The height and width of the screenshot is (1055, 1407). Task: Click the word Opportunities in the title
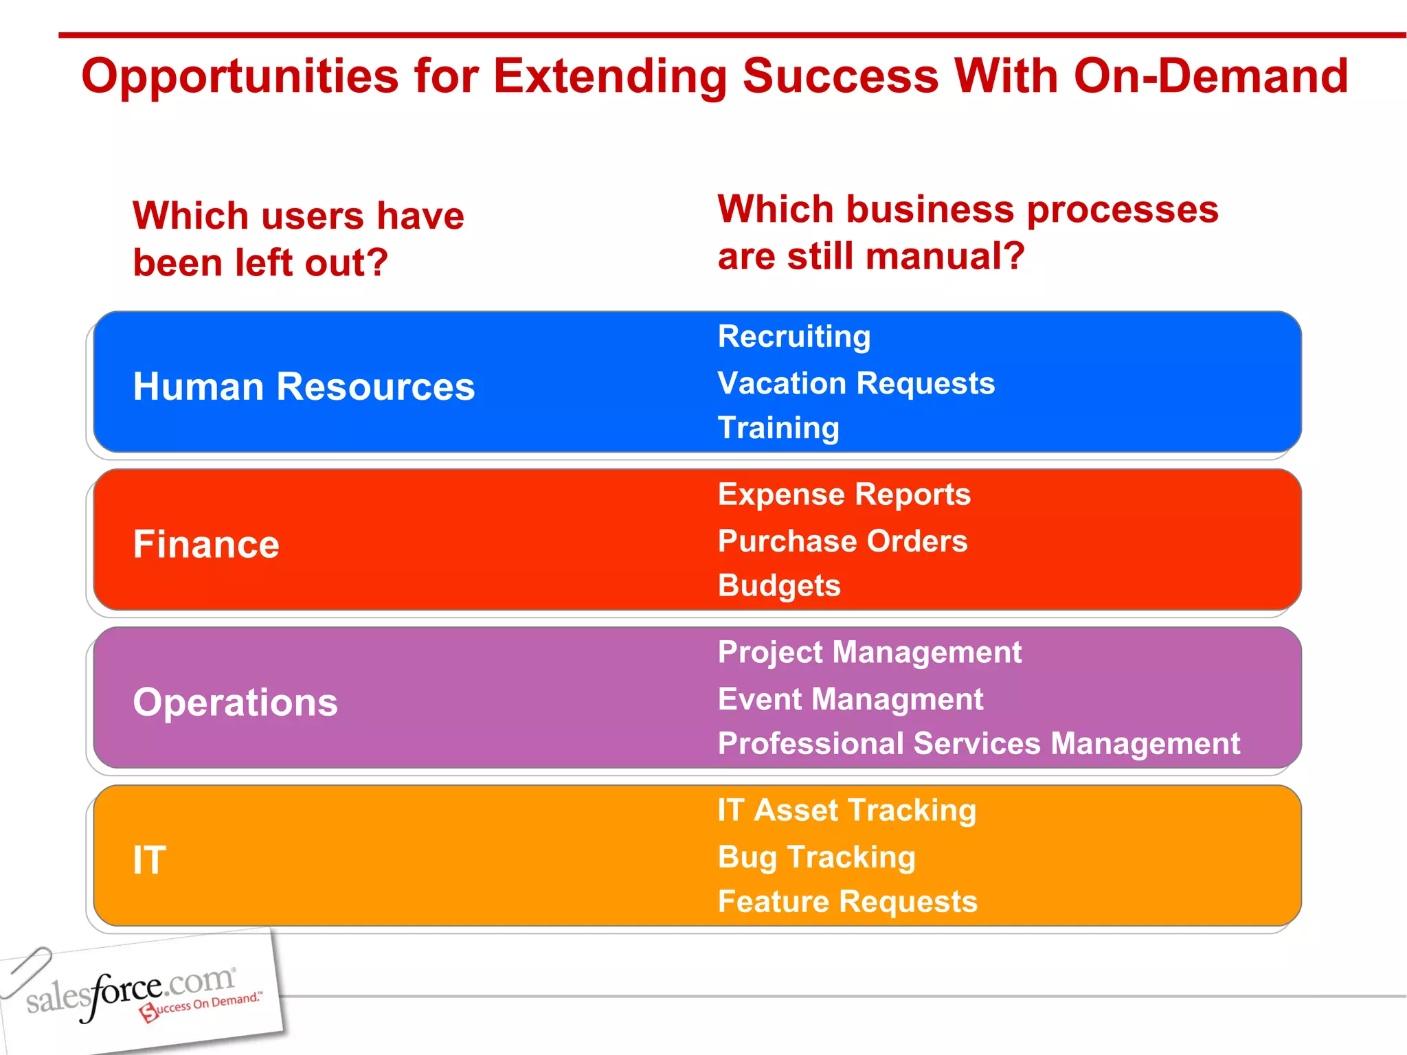pyautogui.click(x=240, y=77)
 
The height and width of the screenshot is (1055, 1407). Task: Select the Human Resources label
pyautogui.click(x=304, y=387)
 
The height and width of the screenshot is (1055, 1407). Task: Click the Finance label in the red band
pyautogui.click(x=206, y=545)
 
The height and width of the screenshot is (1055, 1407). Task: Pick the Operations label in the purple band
pyautogui.click(x=235, y=703)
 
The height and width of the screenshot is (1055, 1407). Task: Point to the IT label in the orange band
pyautogui.click(x=149, y=860)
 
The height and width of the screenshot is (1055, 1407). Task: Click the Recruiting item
pyautogui.click(x=793, y=337)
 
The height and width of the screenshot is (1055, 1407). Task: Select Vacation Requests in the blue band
pyautogui.click(x=856, y=383)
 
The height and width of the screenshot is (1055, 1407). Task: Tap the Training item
pyautogui.click(x=778, y=428)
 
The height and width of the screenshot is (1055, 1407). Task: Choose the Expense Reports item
pyautogui.click(x=844, y=495)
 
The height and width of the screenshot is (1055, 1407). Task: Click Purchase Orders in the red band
pyautogui.click(x=842, y=541)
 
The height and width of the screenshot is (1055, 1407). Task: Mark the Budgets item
pyautogui.click(x=778, y=586)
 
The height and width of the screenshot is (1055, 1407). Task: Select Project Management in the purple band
pyautogui.click(x=869, y=653)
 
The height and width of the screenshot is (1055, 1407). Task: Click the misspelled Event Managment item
pyautogui.click(x=850, y=700)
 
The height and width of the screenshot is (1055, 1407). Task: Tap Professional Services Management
pyautogui.click(x=978, y=744)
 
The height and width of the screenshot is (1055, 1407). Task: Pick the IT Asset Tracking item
pyautogui.click(x=846, y=810)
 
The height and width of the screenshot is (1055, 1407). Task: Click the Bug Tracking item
pyautogui.click(x=816, y=857)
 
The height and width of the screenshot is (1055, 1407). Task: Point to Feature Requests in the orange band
pyautogui.click(x=847, y=902)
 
